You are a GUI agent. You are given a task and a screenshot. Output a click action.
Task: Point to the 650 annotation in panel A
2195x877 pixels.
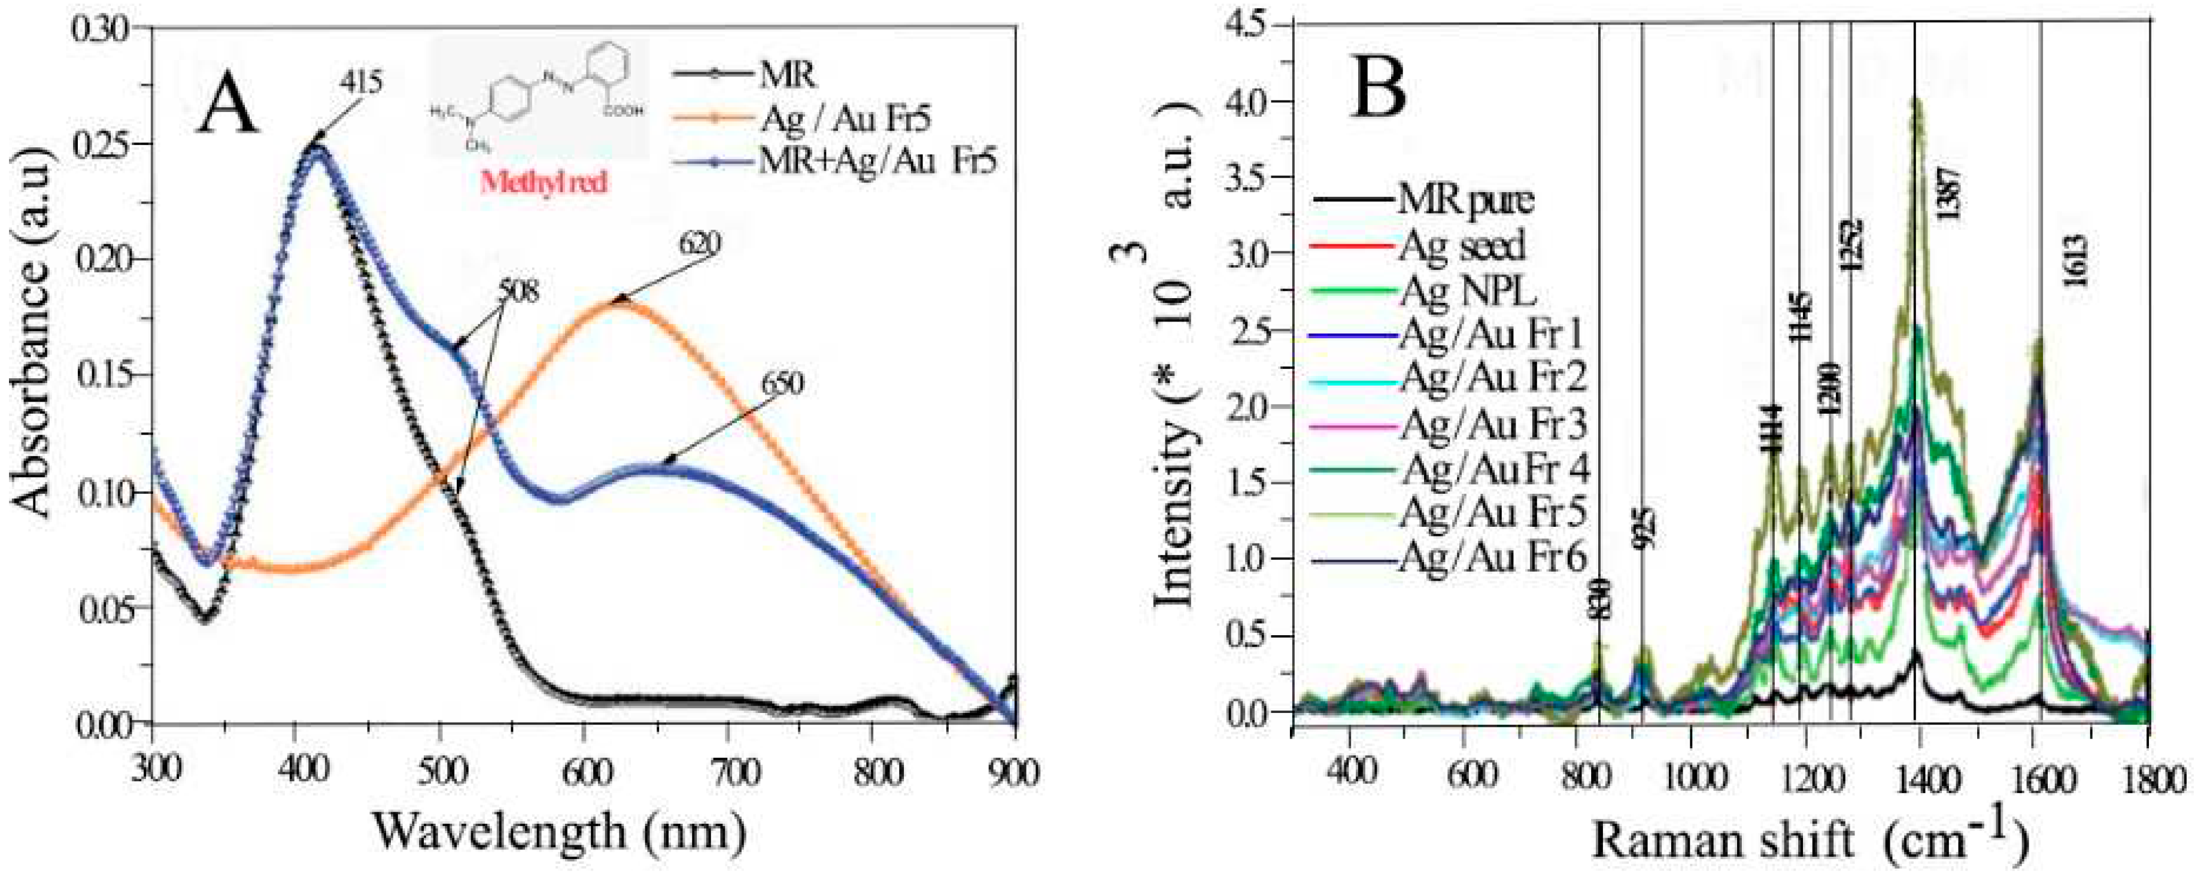[781, 384]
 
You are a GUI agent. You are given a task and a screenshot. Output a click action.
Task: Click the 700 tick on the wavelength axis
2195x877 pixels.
[734, 774]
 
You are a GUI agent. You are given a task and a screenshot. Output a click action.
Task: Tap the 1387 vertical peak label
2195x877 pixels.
[1948, 193]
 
